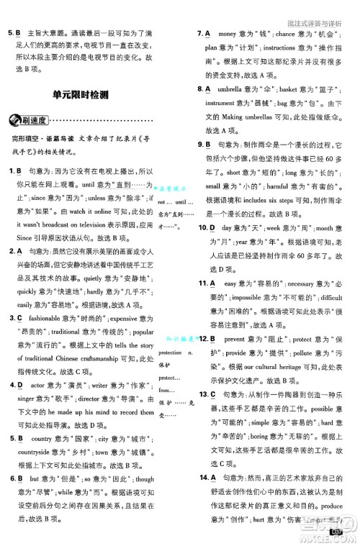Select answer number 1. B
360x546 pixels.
click(x=15, y=171)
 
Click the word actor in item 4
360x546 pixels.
click(x=37, y=385)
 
